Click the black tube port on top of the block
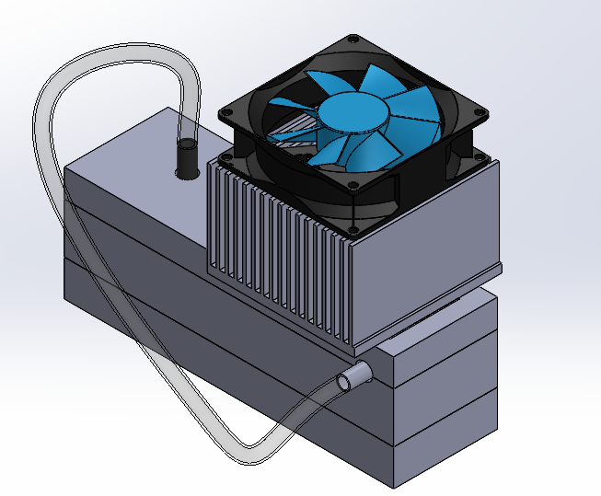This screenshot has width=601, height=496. point(188,157)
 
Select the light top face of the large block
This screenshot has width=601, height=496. point(138,147)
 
